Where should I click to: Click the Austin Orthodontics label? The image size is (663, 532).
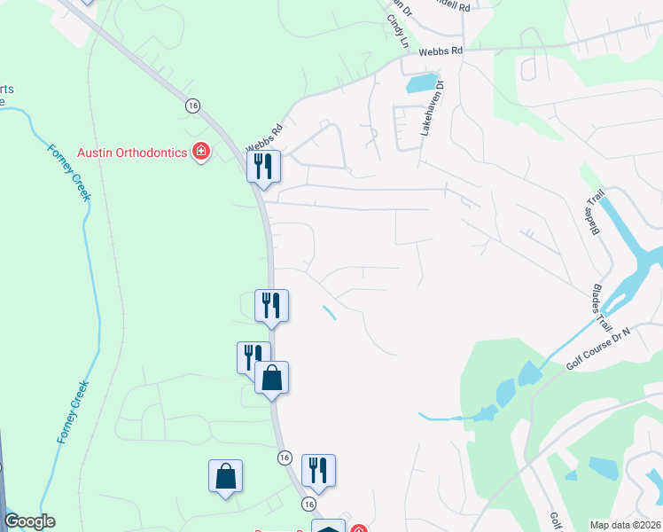[x=132, y=152]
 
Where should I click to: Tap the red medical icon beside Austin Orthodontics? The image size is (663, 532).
[x=201, y=152]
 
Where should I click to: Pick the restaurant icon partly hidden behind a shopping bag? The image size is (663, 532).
[x=251, y=356]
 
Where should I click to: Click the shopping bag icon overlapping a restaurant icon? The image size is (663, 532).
[x=271, y=379]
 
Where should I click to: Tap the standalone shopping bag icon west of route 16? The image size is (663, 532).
[x=225, y=476]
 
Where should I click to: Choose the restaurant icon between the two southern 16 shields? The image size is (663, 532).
[x=318, y=471]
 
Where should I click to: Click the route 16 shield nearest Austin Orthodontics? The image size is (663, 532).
[x=192, y=106]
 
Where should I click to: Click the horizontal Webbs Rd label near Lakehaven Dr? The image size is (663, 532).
[x=441, y=51]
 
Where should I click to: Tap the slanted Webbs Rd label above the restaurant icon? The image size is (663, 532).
[x=264, y=136]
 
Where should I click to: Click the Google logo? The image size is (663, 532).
[x=29, y=521]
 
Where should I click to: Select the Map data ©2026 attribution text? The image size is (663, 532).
[x=625, y=525]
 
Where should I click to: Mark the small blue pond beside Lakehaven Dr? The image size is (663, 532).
[x=422, y=84]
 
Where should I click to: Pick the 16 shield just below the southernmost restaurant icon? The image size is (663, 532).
[x=308, y=504]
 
